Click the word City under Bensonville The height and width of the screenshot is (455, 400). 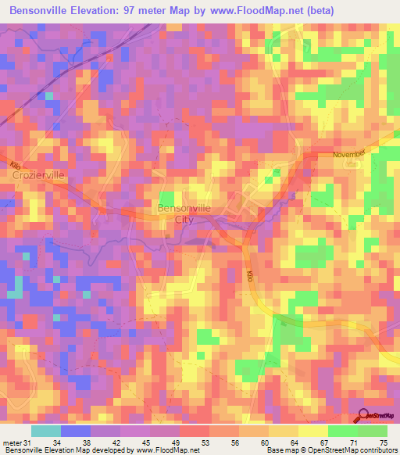point(184,220)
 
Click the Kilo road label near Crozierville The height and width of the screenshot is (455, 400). point(16,166)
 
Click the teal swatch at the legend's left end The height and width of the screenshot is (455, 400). point(45,431)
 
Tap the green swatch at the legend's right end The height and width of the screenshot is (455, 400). point(373,431)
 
